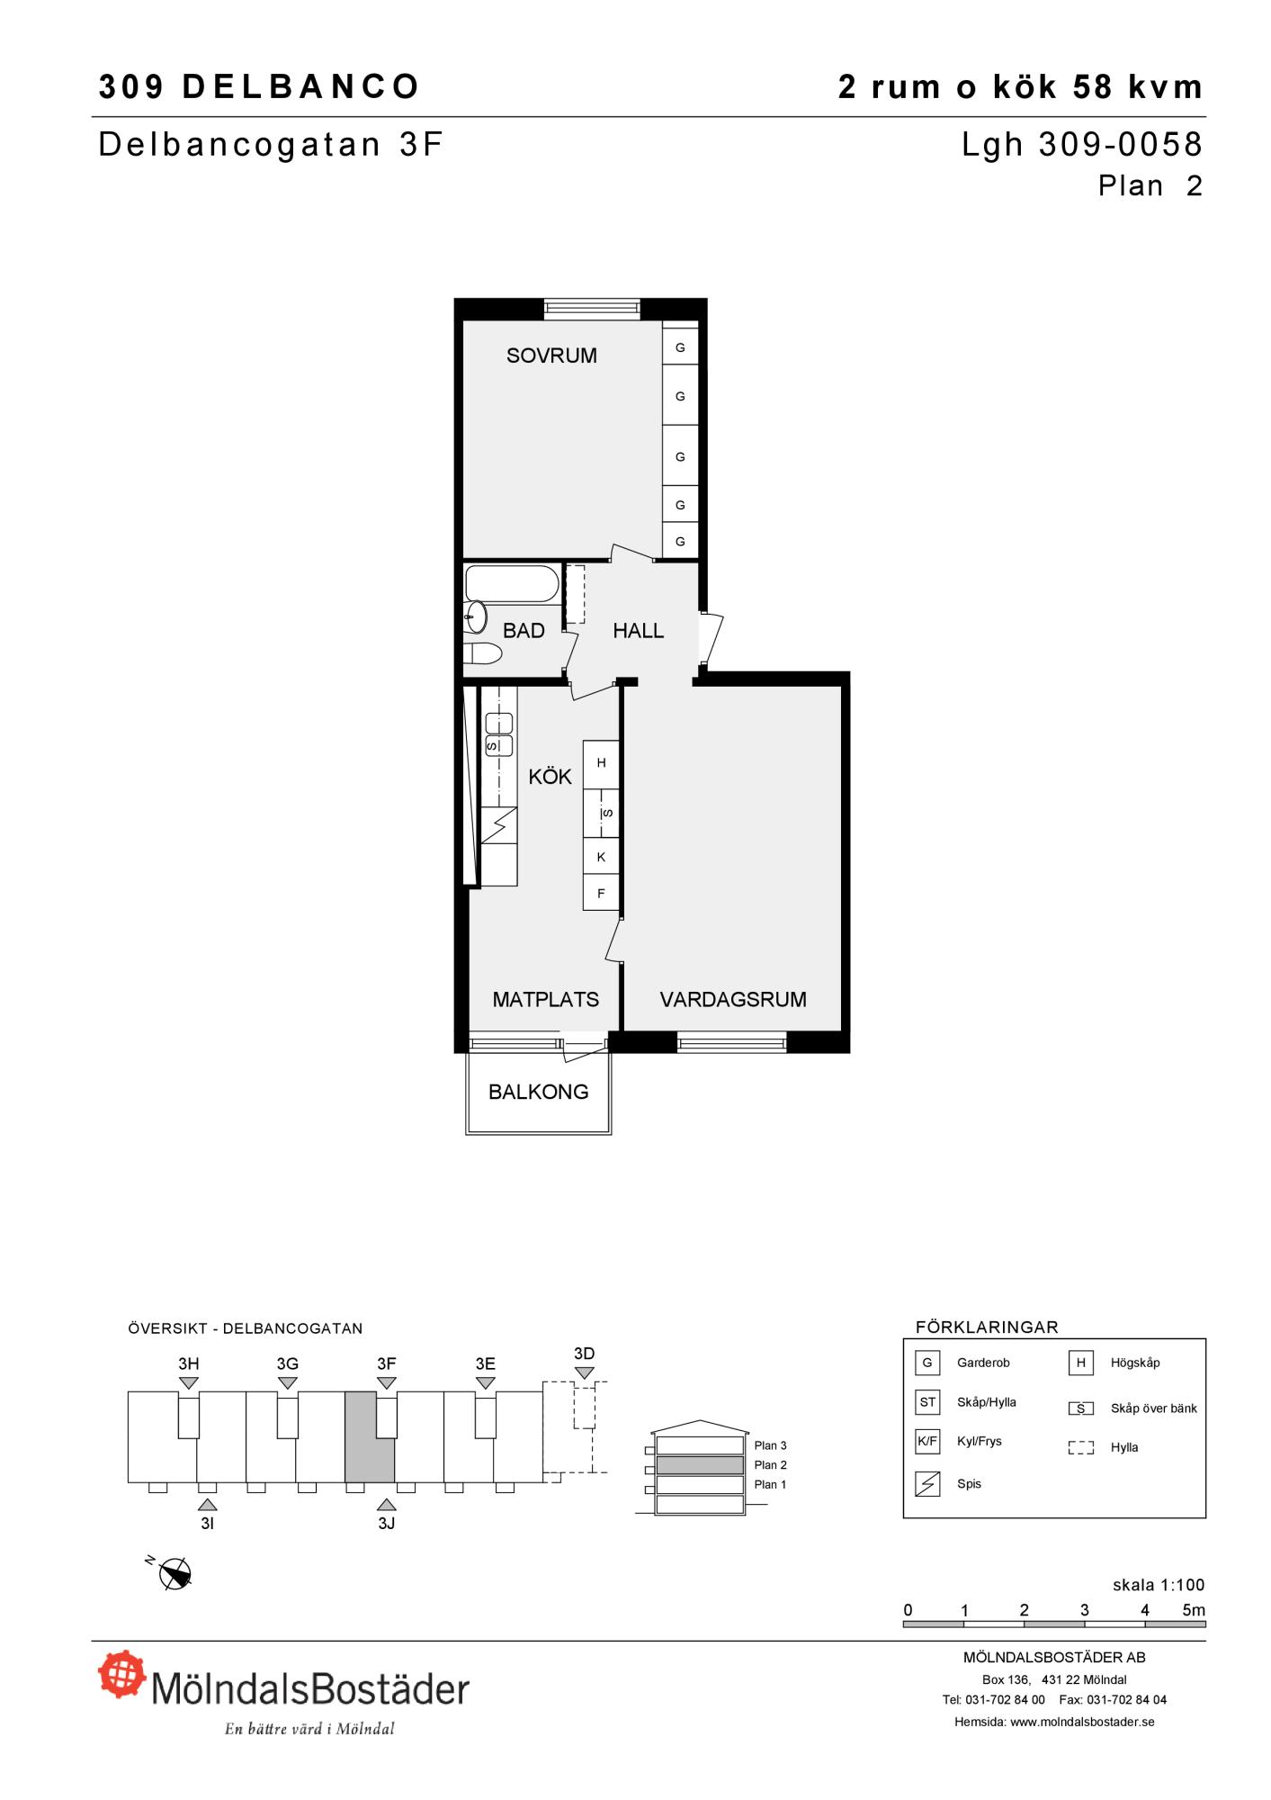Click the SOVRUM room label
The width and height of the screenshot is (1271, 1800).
point(551,355)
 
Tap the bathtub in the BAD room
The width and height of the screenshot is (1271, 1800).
point(511,583)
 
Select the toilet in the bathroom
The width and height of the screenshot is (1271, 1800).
point(482,654)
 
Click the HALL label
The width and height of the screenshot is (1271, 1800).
point(639,631)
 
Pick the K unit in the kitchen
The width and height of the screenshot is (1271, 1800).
point(601,858)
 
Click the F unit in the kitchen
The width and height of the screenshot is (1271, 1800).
point(601,894)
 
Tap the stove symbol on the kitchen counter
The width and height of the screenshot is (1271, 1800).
point(499,824)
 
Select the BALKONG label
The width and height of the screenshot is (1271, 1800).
point(539,1092)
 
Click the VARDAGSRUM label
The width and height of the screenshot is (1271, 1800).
point(733,999)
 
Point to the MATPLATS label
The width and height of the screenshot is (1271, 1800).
point(546,999)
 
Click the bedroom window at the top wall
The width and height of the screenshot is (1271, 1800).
point(592,309)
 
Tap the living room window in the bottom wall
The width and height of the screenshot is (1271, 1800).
point(732,1043)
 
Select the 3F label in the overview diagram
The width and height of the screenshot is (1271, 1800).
point(387,1363)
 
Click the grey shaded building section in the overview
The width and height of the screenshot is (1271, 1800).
point(370,1436)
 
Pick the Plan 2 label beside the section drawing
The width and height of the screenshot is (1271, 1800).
point(771,1465)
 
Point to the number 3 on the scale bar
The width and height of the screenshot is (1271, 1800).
point(1085,1610)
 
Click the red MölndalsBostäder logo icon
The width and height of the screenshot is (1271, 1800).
point(122,1673)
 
